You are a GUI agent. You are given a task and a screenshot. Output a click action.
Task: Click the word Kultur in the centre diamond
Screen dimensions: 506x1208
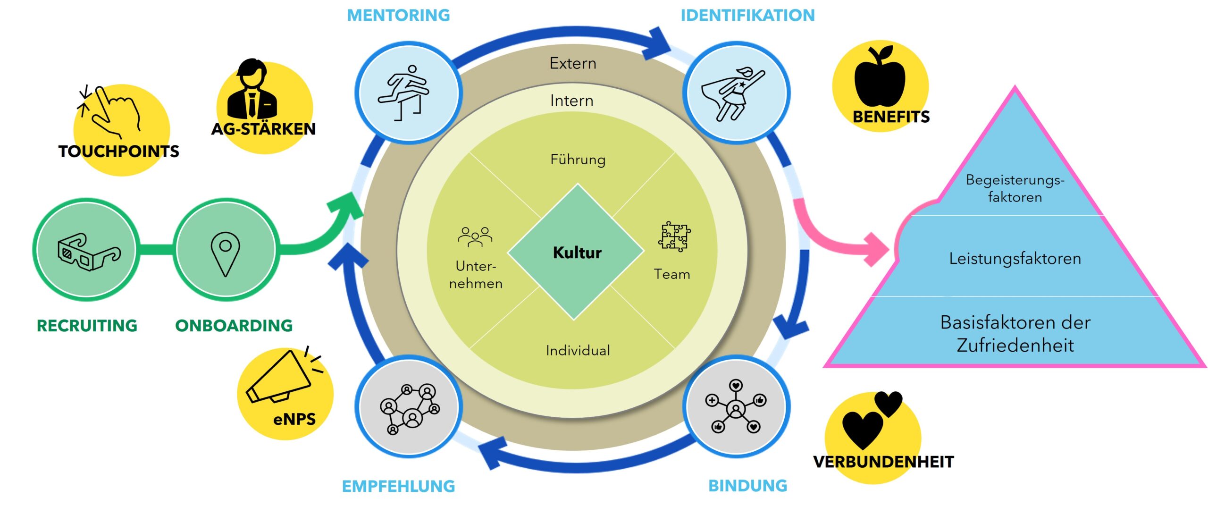(577, 253)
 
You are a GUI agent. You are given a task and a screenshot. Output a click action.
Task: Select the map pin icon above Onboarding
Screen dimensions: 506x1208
(225, 253)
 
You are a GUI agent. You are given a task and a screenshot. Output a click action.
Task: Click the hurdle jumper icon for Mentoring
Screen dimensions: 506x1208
(405, 93)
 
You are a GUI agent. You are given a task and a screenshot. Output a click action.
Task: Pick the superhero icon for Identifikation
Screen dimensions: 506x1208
(733, 93)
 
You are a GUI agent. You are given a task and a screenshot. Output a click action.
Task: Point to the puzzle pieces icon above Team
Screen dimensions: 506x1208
(674, 236)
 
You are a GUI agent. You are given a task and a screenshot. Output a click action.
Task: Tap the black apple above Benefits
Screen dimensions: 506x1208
(880, 76)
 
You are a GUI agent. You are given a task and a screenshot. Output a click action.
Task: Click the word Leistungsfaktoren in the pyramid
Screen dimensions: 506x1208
(1015, 259)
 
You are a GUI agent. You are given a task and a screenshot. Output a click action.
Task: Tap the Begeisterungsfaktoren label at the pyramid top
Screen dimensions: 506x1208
(1015, 188)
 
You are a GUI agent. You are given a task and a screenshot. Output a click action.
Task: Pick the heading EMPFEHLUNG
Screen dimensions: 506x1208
(398, 486)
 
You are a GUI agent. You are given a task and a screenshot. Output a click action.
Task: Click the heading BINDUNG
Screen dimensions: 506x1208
(748, 486)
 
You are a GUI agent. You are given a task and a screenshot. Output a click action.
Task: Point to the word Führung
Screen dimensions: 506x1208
(578, 160)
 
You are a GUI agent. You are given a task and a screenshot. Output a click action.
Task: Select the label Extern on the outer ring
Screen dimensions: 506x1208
(573, 63)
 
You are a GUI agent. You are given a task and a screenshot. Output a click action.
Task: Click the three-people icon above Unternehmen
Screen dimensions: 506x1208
(475, 236)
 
